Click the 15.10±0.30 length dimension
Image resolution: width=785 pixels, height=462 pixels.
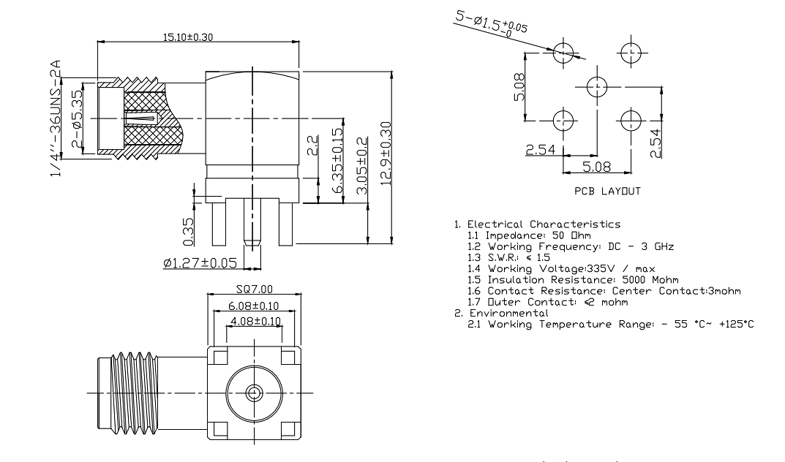pos(188,37)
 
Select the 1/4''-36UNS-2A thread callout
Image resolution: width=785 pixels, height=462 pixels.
pos(56,118)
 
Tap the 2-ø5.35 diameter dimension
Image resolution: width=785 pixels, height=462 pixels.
pos(77,118)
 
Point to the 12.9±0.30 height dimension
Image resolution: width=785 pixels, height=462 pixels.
pos(386,154)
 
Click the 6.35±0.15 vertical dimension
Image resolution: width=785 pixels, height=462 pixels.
pos(338,161)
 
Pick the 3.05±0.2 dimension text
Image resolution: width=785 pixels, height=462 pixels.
pos(361,165)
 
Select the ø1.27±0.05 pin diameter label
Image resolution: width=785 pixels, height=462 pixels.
pos(200,262)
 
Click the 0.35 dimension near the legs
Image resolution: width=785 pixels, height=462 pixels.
pos(188,232)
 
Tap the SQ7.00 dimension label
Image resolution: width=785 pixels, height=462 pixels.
pos(255,289)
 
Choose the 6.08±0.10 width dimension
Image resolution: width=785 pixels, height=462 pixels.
pos(254,306)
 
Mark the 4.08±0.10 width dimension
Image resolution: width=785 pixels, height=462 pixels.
pos(255,321)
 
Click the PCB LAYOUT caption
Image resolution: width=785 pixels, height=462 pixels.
pos(607,191)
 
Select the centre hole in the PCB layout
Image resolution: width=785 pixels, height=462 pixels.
pos(597,88)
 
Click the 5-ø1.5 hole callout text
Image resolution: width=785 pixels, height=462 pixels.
pos(491,23)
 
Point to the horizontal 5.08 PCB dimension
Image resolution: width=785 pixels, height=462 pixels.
pos(597,167)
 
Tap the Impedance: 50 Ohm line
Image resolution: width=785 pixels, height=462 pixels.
pos(529,235)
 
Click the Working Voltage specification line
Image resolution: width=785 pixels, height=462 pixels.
pos(561,268)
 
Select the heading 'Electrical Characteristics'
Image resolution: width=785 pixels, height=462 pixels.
pos(544,224)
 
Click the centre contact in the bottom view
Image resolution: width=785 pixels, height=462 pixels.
pos(254,393)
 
